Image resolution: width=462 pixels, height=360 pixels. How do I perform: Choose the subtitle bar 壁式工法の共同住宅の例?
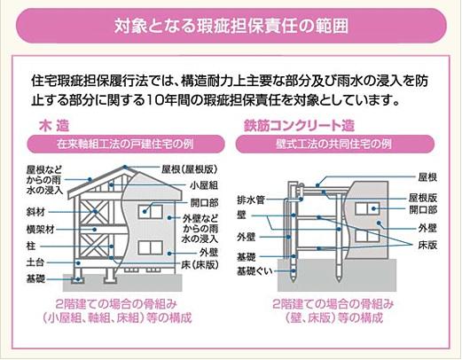pos(343,144)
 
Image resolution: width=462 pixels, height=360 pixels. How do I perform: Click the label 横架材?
pos(39,229)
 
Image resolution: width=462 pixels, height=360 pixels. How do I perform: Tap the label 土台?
pos(35,262)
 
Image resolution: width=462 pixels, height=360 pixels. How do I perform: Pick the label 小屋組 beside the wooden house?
pos(203,186)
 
